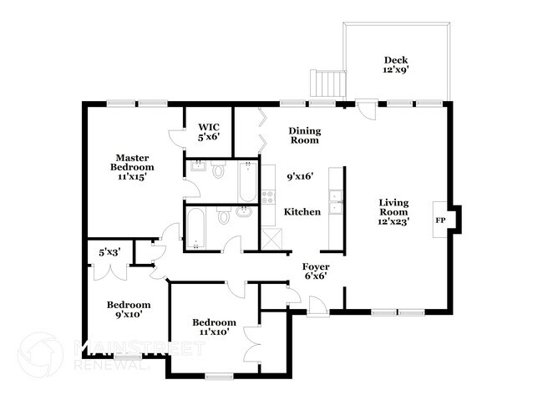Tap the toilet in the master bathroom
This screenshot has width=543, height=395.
click(219, 171)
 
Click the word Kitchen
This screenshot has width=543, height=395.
click(302, 212)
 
